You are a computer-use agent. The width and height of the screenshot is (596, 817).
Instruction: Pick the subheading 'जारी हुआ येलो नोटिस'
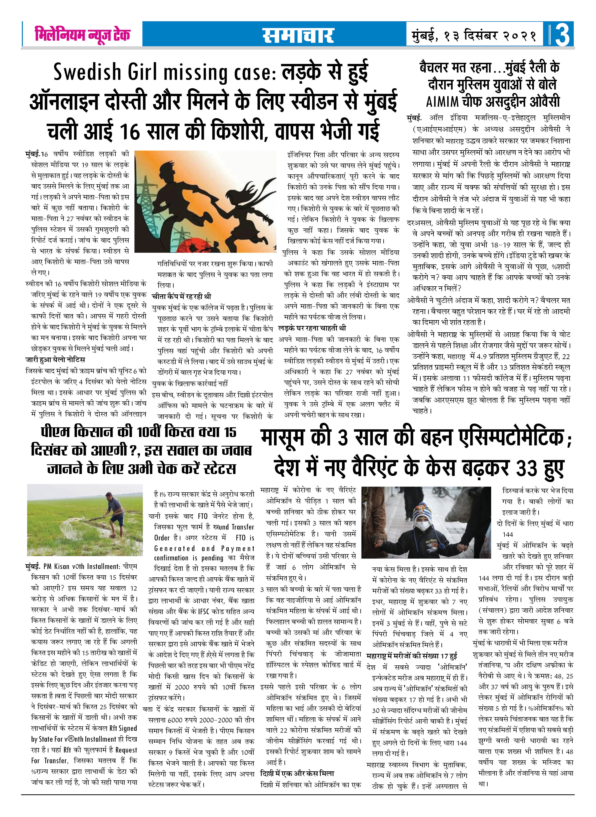tap(55, 360)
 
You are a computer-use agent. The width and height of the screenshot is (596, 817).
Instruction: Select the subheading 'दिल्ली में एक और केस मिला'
tap(297, 773)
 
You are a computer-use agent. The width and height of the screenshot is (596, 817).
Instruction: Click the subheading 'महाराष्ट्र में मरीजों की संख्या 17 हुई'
tap(412, 656)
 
